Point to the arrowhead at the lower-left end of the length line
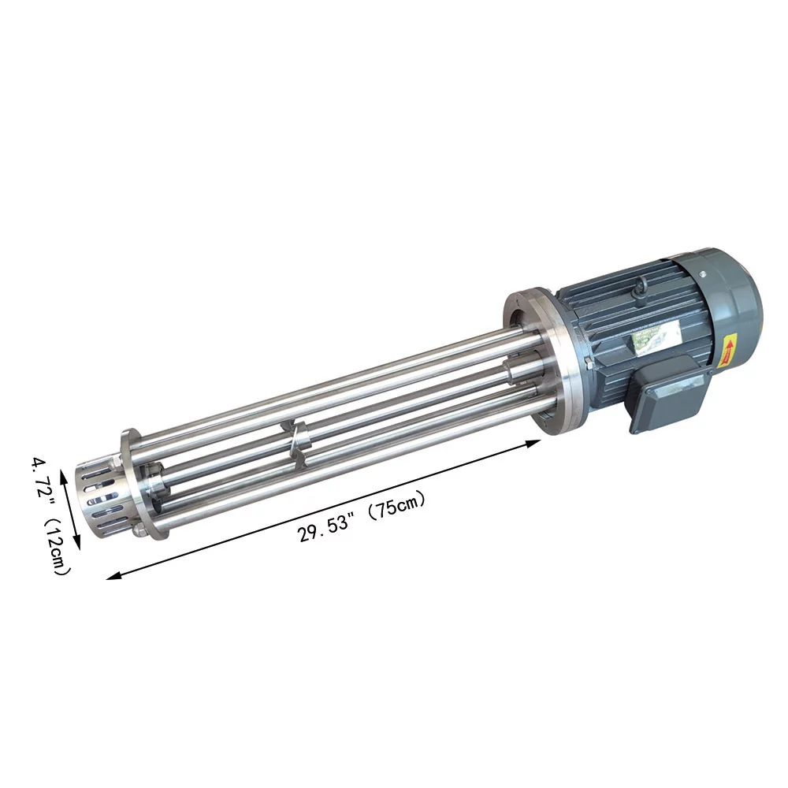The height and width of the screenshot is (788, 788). point(113,577)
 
